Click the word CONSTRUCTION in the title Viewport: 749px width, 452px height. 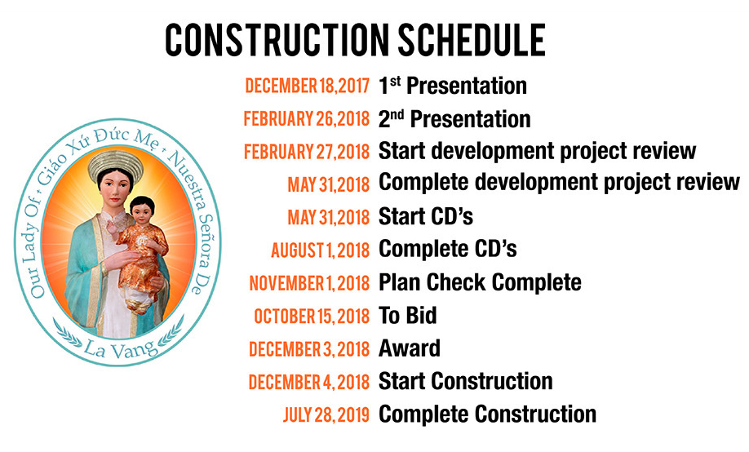click(x=277, y=40)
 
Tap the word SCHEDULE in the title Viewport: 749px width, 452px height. click(x=472, y=40)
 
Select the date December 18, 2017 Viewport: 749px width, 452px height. click(x=307, y=86)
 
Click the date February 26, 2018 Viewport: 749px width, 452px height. click(x=307, y=119)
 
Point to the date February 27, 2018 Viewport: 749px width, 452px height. click(x=307, y=152)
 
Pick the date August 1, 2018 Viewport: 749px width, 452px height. click(x=321, y=250)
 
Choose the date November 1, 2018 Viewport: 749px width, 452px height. click(x=309, y=283)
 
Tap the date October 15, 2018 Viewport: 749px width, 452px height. click(x=312, y=317)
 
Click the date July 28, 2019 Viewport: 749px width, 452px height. click(x=326, y=414)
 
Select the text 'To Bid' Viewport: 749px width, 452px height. click(x=407, y=316)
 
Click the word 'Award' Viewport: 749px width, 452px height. click(x=410, y=348)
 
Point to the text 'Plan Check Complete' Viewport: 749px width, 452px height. click(x=480, y=282)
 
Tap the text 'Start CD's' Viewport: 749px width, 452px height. click(x=426, y=216)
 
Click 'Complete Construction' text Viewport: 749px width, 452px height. click(x=487, y=414)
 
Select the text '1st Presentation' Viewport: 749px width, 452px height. click(x=453, y=86)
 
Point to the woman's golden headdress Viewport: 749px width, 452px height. click(x=116, y=163)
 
